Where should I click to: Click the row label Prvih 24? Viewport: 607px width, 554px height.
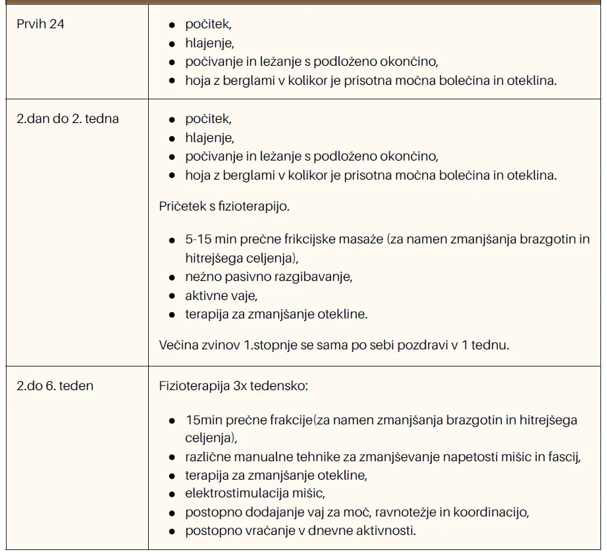[x=40, y=25]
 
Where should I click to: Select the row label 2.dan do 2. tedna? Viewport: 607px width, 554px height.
[x=68, y=119]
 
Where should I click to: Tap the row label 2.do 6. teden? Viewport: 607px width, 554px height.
[x=55, y=386]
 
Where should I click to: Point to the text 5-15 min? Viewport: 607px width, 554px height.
[x=207, y=239]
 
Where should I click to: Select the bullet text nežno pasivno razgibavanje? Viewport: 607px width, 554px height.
[x=269, y=277]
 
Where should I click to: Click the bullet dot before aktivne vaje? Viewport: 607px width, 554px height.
[x=171, y=296]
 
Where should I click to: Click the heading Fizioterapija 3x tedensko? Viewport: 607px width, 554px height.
[x=233, y=386]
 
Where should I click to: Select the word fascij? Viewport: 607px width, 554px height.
[x=566, y=457]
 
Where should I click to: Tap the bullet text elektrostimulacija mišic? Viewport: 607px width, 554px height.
[x=255, y=493]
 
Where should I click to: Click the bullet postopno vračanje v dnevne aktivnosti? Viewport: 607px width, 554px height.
[x=301, y=530]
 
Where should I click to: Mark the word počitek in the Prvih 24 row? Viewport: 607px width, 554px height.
[x=207, y=25]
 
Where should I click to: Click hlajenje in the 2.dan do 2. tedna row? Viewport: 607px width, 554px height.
[x=209, y=138]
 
